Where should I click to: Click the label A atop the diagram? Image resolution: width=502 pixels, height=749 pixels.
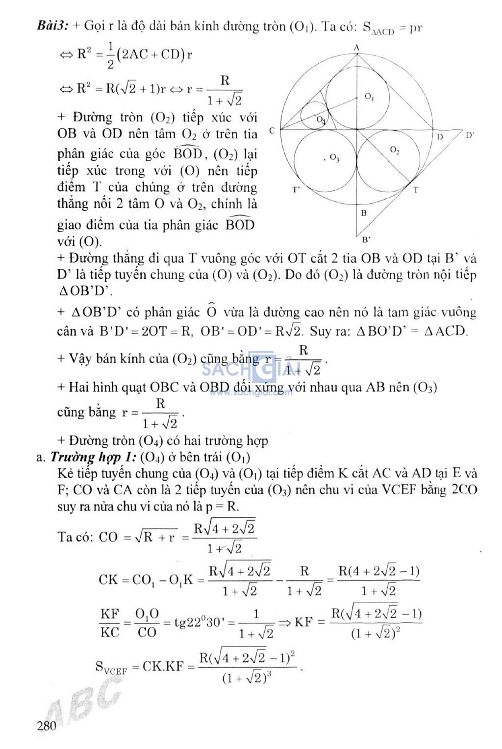pos(356,47)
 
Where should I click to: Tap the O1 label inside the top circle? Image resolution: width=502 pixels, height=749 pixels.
pos(370,97)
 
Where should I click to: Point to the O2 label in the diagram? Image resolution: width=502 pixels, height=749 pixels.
pos(394,150)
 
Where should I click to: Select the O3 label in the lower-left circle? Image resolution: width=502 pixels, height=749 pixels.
pos(334,158)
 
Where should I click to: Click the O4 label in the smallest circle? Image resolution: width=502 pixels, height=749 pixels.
pos(320,120)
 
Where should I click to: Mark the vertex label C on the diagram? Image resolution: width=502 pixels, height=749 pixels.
pos(272,131)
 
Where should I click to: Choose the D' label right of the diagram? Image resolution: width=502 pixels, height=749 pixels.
pos(470,135)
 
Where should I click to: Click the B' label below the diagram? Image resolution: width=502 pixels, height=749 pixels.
pos(366,240)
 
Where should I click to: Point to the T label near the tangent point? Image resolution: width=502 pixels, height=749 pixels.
pos(416,190)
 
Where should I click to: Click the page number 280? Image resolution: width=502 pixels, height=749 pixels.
pos(47,725)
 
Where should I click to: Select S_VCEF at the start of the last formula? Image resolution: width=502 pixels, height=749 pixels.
pos(111,667)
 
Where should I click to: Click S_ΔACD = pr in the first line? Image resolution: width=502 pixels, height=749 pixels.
pos(392,28)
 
